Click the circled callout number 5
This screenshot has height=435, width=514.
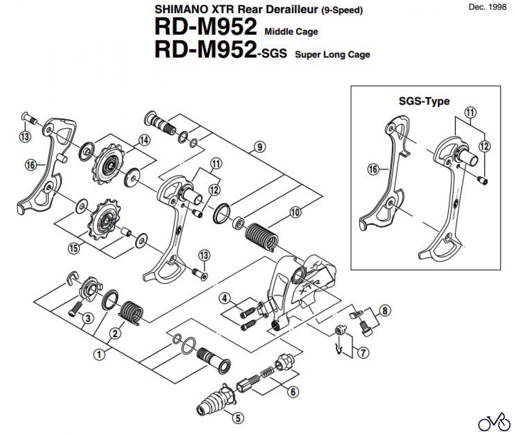tap(238, 418)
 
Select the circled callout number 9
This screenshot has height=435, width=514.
tap(260, 147)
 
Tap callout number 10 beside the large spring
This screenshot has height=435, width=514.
tap(296, 212)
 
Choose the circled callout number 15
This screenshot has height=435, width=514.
tap(74, 248)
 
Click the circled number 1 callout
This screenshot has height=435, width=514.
tap(99, 355)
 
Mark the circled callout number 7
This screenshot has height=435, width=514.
tap(363, 353)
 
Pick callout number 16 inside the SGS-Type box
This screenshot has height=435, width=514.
tap(373, 169)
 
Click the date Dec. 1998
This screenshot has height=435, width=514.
tap(487, 7)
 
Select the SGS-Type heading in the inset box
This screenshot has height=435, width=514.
tap(424, 101)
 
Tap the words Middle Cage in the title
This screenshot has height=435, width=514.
tap(291, 31)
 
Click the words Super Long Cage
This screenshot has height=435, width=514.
tap(332, 54)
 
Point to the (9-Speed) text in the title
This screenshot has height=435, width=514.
tap(342, 11)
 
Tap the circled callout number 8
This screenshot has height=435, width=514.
tap(385, 310)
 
